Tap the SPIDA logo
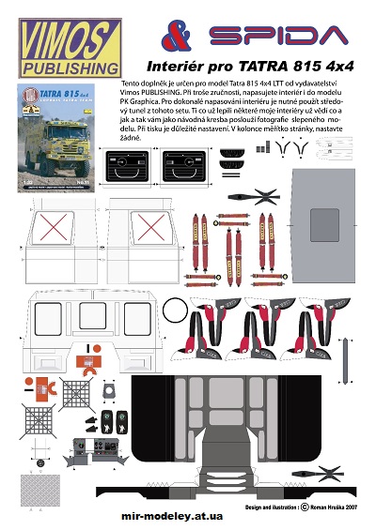coord(274,37)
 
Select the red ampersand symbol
coord(179,36)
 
